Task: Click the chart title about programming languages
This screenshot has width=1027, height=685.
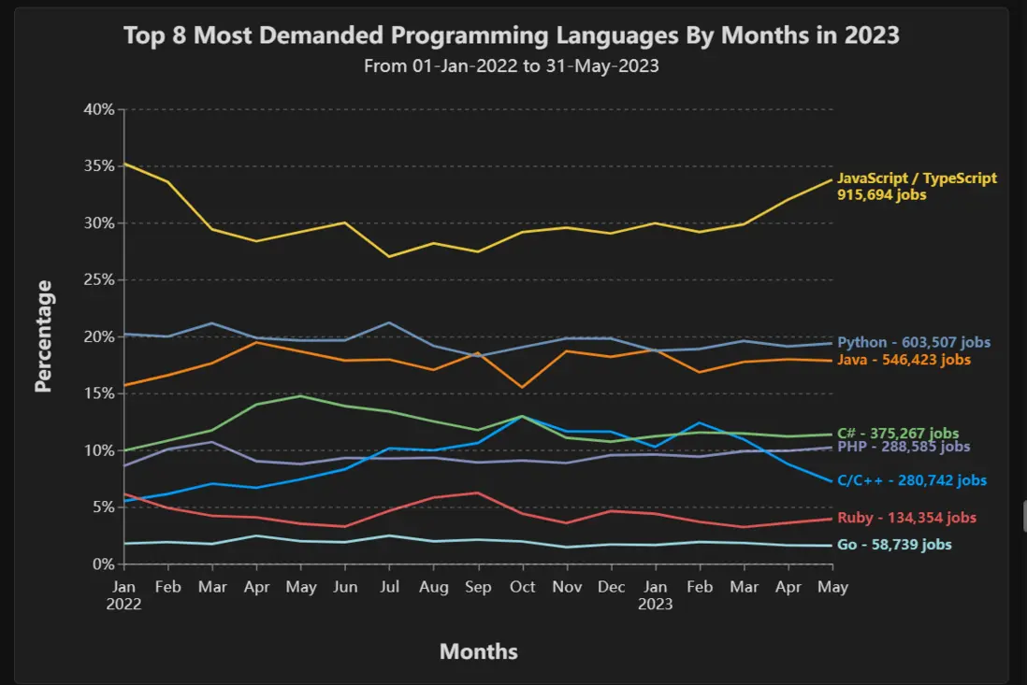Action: pyautogui.click(x=512, y=36)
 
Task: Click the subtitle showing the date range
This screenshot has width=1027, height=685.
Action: pyautogui.click(x=512, y=66)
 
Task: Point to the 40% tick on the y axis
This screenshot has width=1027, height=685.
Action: pyautogui.click(x=98, y=109)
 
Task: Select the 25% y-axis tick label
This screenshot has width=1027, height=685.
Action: pyautogui.click(x=98, y=280)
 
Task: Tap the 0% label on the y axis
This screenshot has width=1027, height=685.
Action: pyautogui.click(x=103, y=564)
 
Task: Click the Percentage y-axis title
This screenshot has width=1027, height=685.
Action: pyautogui.click(x=43, y=336)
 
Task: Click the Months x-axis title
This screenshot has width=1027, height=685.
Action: pyautogui.click(x=478, y=651)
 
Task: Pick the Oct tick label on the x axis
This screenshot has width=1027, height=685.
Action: pyautogui.click(x=522, y=587)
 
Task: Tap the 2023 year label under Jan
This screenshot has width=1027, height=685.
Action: pyautogui.click(x=655, y=604)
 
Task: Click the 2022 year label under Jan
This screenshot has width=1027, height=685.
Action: pyautogui.click(x=123, y=604)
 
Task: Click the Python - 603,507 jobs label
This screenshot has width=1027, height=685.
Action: pyautogui.click(x=914, y=343)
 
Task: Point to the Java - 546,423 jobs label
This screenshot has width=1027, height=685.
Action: pyautogui.click(x=904, y=360)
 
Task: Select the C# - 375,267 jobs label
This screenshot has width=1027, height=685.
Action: pyautogui.click(x=898, y=433)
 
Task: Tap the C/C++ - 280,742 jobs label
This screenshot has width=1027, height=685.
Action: pyautogui.click(x=912, y=480)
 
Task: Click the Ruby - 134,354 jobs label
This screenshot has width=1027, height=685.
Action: pyautogui.click(x=906, y=518)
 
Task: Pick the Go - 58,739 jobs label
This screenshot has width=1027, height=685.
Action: pyautogui.click(x=894, y=545)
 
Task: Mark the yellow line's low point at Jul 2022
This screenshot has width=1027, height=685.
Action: pyautogui.click(x=388, y=256)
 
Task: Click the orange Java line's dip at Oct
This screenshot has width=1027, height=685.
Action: pyautogui.click(x=522, y=387)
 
